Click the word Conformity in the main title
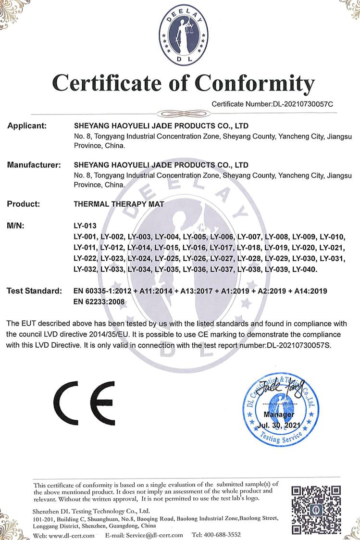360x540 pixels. coord(255,83)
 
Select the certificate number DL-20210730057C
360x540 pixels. coord(303,103)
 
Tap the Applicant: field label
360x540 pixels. coord(26,126)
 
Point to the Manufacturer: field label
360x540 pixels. coord(34,165)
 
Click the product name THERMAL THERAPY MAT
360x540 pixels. coord(119,204)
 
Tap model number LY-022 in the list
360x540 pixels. coord(85,259)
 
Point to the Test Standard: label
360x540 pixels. coord(34,291)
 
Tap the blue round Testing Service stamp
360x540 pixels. coord(280,409)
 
